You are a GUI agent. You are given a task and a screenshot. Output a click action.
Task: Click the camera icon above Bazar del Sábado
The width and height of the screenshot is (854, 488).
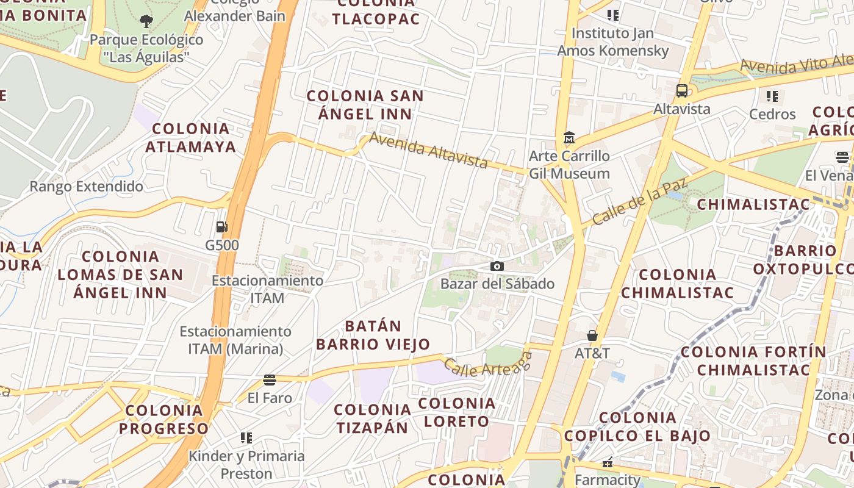click(x=497, y=266)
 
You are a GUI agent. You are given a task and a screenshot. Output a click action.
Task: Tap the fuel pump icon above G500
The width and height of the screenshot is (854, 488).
click(x=221, y=227)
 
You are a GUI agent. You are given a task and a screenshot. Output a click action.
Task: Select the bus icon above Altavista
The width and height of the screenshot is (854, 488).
click(x=682, y=91)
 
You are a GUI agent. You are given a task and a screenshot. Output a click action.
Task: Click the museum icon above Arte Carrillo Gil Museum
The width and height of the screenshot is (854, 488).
click(x=569, y=137)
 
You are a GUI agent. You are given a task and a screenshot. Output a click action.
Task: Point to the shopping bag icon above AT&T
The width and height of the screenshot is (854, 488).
click(x=592, y=335)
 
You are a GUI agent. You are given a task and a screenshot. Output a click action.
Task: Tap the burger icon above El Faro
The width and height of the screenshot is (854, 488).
click(x=270, y=380)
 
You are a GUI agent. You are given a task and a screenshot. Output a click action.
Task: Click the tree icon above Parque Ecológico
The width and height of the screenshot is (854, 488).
click(x=146, y=21)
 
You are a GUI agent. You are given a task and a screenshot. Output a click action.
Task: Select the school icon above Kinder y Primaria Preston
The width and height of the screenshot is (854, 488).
click(x=246, y=437)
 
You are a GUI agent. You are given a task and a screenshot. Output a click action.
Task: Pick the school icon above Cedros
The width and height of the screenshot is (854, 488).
click(x=772, y=96)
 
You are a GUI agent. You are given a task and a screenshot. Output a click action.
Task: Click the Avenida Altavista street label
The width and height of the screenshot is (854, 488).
click(x=429, y=150)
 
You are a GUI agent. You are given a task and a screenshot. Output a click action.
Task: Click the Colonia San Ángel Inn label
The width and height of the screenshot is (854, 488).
click(x=365, y=105)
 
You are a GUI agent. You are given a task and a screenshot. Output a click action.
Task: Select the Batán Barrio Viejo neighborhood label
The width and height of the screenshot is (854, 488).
click(x=373, y=335)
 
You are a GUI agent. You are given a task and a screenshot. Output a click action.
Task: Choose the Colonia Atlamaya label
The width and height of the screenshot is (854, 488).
click(x=191, y=138)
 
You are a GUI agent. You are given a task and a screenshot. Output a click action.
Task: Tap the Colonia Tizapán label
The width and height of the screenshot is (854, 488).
click(x=372, y=418)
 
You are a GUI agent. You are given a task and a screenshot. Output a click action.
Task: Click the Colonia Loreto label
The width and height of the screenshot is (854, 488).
click(x=457, y=412)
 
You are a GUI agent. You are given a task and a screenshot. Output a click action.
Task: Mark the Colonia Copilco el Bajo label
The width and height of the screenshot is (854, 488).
click(x=637, y=427)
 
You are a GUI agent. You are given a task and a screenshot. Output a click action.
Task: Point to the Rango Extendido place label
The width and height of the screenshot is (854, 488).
click(x=87, y=187)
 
